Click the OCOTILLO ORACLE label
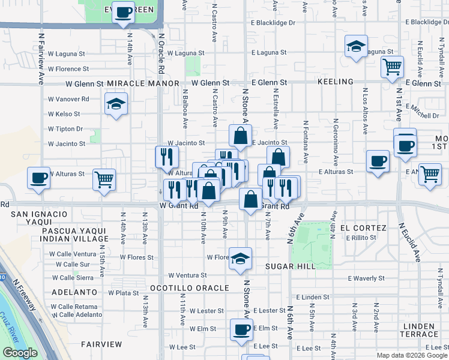coord(190,288)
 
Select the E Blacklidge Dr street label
coord(274,23)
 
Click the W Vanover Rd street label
coord(68,99)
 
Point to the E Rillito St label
coord(361,238)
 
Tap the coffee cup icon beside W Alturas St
coord(39,178)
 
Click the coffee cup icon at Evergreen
coord(124,12)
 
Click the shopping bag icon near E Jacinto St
coord(240,136)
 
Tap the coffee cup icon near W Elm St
coord(242,329)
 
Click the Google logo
coord(20,353)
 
